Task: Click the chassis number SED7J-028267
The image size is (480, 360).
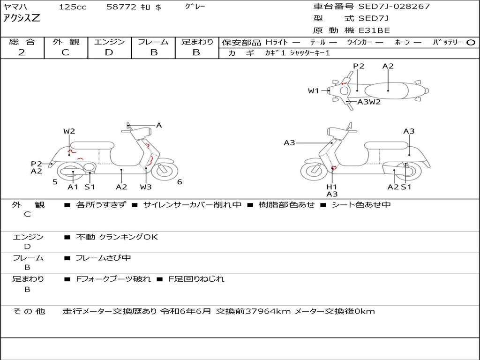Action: coord(394,7)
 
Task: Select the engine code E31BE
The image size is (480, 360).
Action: coord(374,30)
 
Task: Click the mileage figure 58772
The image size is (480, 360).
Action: coord(121,7)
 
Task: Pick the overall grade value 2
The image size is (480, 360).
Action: coord(22,52)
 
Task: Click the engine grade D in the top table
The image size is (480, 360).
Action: coord(109,52)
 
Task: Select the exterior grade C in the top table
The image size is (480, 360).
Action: coord(66,52)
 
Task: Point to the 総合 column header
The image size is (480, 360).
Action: coord(22,42)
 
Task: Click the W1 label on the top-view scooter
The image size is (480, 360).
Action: coord(313,91)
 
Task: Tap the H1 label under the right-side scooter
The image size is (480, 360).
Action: coord(332,187)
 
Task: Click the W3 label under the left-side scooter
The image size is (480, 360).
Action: coord(146,187)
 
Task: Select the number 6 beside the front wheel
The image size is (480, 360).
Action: coord(180,182)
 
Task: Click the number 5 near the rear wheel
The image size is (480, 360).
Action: coord(55,182)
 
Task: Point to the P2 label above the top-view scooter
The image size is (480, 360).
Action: coord(359,66)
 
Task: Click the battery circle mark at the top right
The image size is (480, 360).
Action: coord(471,42)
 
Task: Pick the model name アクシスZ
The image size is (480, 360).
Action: coord(22,19)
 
